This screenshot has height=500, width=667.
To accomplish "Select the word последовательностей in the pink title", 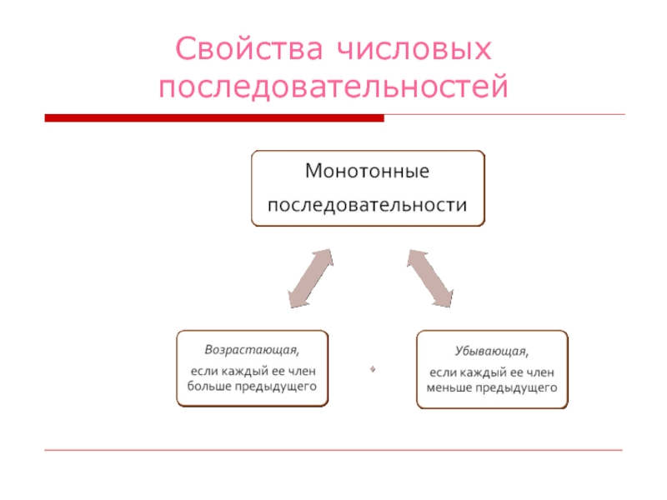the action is coord(333,87).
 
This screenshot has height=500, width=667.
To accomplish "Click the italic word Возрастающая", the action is coord(240,348).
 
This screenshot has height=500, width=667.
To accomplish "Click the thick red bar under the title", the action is coord(214,118).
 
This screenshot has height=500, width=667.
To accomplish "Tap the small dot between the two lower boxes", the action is coord(373,367).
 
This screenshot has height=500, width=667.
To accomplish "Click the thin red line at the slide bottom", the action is coord(333,450).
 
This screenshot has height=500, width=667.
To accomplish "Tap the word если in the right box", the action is coord(444,372).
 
